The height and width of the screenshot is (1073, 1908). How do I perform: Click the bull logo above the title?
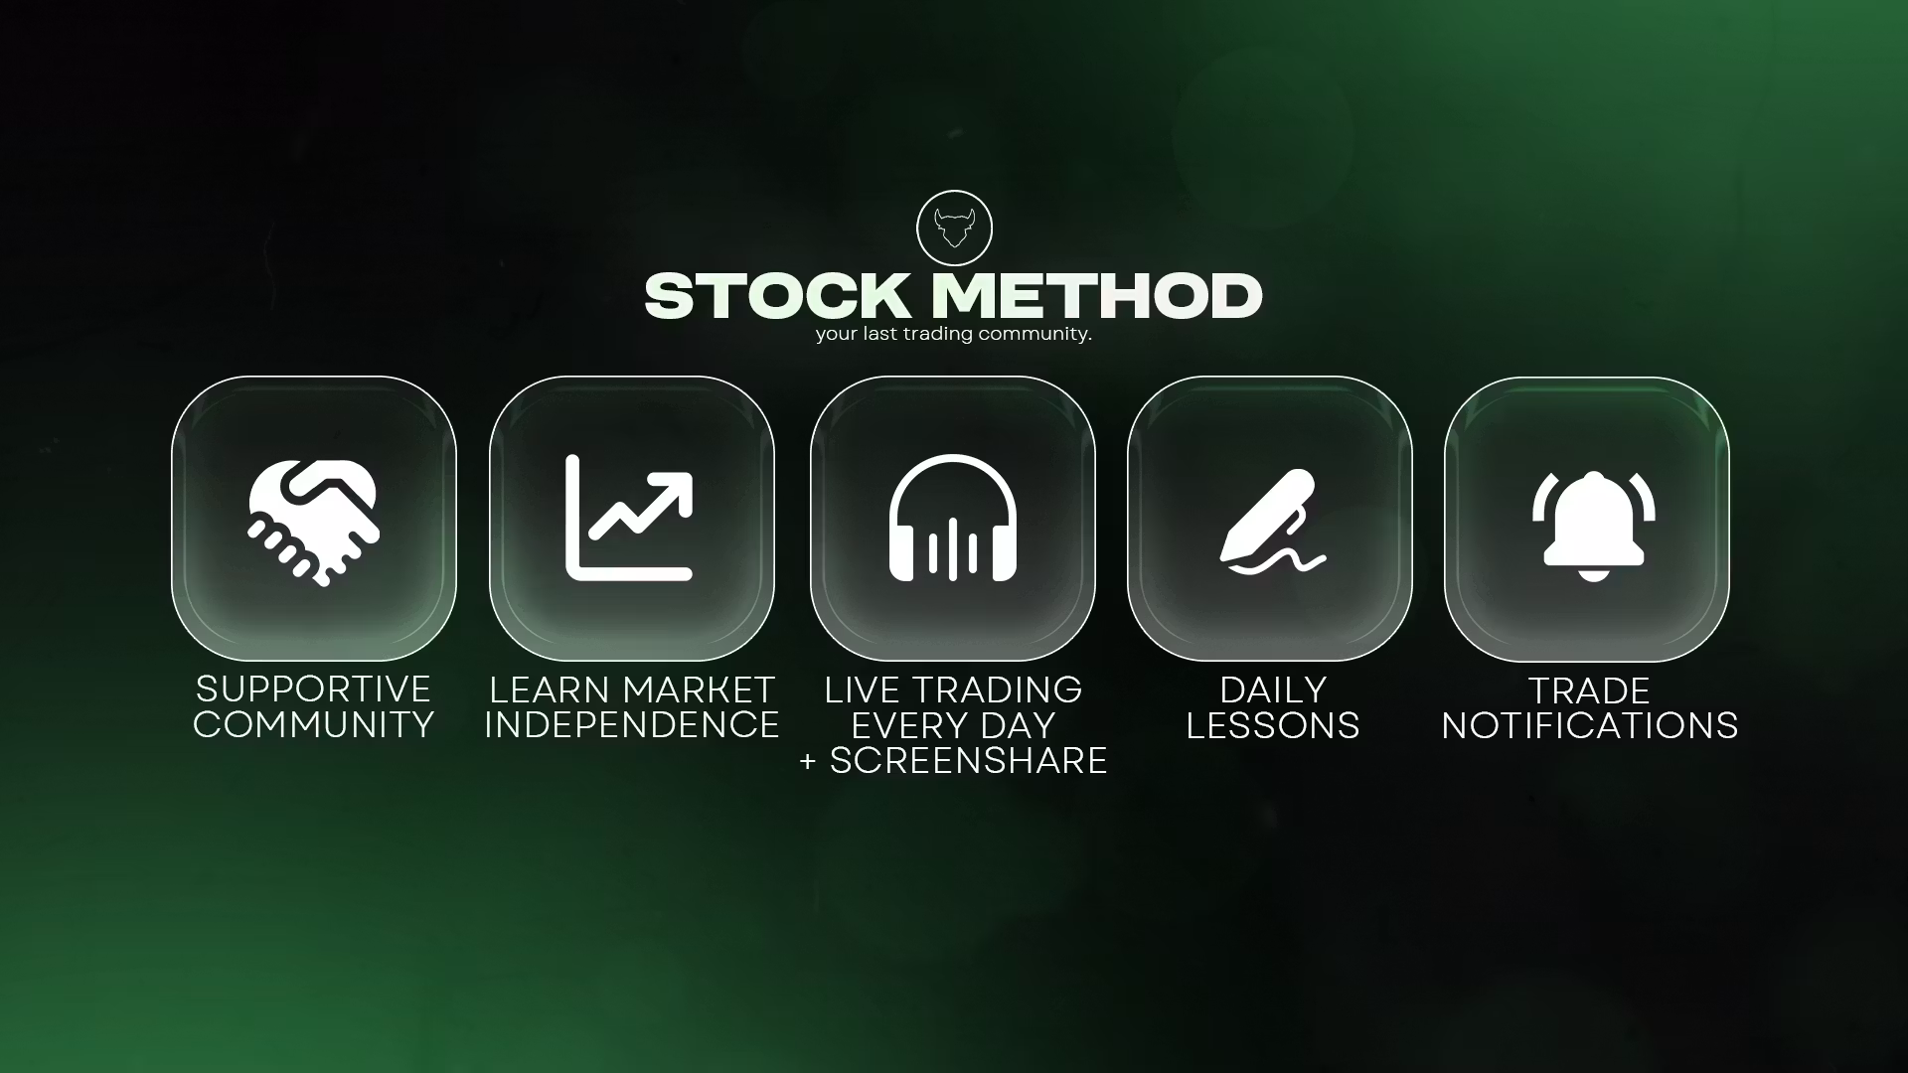954,229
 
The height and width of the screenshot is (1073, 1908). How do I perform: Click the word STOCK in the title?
777,296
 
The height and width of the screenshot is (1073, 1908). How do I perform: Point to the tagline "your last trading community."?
954,334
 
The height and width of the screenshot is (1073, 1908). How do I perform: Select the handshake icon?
314,521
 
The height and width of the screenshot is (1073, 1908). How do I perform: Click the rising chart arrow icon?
629,518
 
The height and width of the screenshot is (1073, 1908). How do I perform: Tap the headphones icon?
953,518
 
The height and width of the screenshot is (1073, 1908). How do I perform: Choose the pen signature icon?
1272,521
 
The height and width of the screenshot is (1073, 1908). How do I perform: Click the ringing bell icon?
1593,526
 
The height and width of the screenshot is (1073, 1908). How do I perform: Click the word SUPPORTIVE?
313,690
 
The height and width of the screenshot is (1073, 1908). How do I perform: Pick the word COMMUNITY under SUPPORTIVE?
313,725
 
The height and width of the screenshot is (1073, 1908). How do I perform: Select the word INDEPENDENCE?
632,725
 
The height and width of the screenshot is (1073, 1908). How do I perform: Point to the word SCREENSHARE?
969,761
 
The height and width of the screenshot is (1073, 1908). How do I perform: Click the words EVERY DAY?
953,726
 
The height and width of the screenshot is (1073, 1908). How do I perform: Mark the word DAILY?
1273,690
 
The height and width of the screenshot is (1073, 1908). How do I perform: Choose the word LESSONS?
1273,726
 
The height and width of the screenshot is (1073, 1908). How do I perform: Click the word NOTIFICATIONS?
1590,726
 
